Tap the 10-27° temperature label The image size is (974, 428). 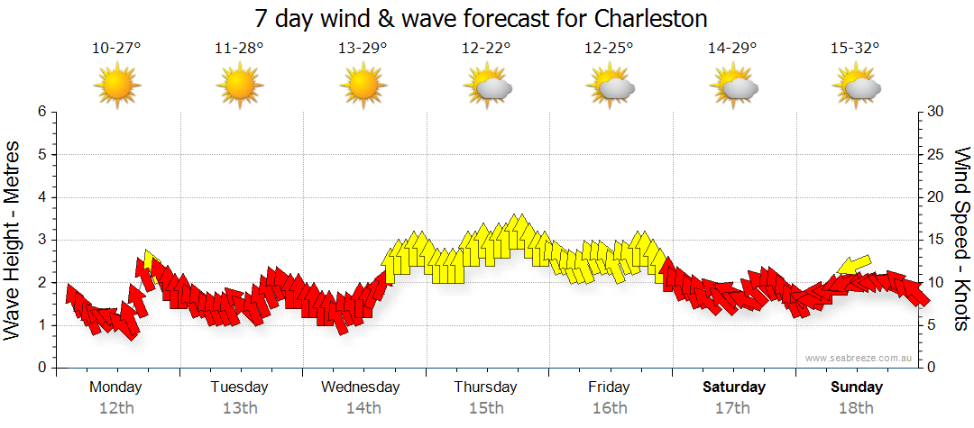click(116, 49)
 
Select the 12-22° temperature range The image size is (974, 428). click(486, 49)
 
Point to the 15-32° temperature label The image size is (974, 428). click(856, 49)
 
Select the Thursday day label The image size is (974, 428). click(486, 387)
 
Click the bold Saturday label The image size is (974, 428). click(734, 387)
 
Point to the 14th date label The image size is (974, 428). click(363, 407)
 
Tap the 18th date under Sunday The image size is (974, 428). click(857, 407)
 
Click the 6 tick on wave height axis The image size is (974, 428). click(41, 112)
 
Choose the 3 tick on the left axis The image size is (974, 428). click(41, 240)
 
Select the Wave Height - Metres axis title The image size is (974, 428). click(14, 241)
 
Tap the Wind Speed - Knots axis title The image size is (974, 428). click(961, 239)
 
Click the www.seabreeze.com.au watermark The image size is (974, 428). click(859, 358)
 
